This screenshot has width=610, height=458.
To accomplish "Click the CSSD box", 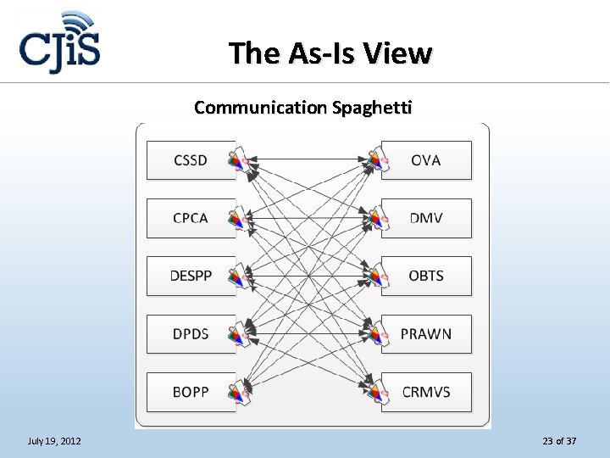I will (x=190, y=160).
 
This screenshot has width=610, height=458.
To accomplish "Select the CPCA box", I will (x=190, y=218).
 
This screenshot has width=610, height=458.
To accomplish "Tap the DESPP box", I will (x=190, y=276).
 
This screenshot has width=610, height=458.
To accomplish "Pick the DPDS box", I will (x=190, y=333).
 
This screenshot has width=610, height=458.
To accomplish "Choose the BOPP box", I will (x=190, y=392).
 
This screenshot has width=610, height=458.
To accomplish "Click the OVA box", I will (x=426, y=160).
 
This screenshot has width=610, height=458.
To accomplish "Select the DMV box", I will (x=426, y=218).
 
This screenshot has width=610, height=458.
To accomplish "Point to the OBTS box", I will (x=426, y=276).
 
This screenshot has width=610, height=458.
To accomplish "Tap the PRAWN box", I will (x=426, y=333).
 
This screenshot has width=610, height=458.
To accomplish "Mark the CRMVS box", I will (x=426, y=392).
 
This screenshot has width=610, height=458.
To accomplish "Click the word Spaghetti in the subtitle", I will (x=372, y=108).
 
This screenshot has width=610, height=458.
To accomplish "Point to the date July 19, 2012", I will (x=54, y=441).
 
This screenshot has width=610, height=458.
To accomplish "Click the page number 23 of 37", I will (x=559, y=441).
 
